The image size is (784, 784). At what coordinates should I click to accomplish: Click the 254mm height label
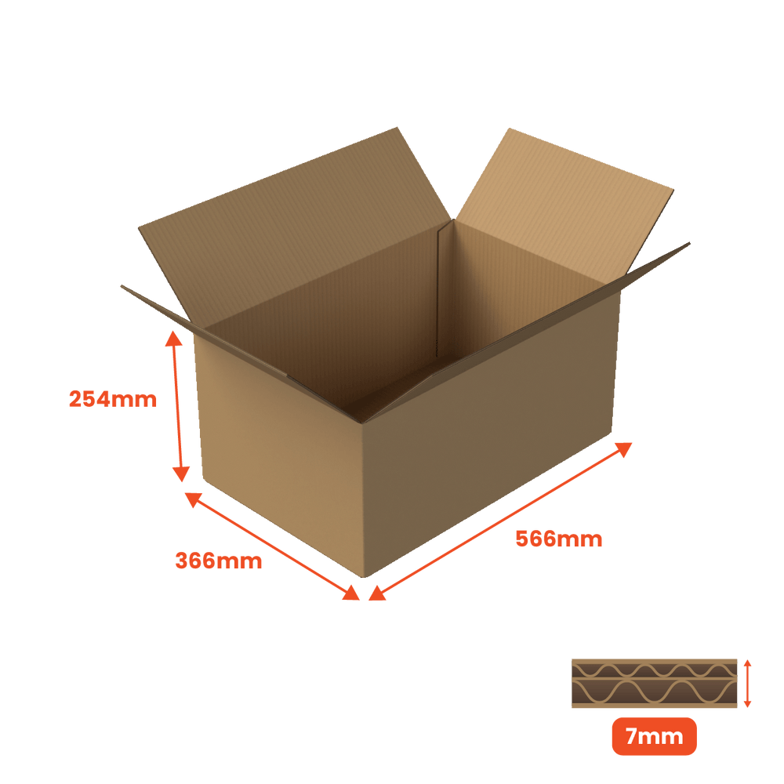112,399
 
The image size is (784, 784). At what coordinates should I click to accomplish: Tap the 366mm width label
219,561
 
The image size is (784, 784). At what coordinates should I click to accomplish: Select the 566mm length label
558,539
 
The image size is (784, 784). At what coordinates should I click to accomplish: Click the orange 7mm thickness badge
654,736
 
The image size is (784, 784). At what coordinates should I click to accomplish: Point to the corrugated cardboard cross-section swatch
654,683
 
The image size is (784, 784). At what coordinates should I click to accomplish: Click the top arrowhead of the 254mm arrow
173,338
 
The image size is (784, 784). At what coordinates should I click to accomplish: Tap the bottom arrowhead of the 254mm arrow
181,474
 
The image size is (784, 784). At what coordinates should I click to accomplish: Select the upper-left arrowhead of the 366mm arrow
193,499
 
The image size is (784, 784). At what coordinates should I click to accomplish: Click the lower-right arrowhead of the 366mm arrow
351,593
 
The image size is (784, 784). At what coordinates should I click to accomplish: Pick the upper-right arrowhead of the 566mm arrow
624,449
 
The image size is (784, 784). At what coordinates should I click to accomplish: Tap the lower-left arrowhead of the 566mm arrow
377,593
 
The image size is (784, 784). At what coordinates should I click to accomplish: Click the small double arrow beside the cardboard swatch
747,683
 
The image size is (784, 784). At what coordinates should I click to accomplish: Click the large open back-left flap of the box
295,225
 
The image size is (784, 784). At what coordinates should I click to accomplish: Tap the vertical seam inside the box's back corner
437,290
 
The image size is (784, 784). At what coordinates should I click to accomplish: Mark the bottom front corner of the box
364,576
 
